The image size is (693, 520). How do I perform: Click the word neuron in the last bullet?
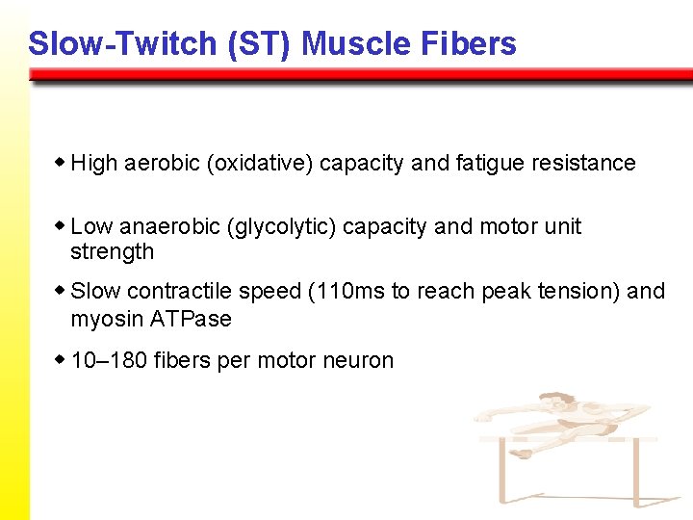tap(359, 361)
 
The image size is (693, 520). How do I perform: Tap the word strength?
tap(112, 252)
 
